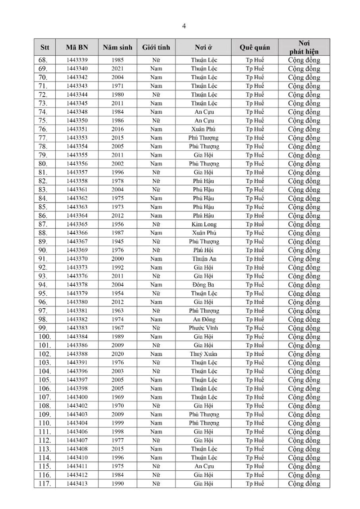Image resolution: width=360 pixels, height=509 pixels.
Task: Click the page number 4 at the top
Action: click(x=184, y=26)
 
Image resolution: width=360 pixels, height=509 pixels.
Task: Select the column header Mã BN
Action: click(x=77, y=47)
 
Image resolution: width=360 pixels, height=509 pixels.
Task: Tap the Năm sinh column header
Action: click(x=117, y=47)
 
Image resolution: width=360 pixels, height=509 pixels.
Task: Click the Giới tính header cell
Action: click(x=156, y=47)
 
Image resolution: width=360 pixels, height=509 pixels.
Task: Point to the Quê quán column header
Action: click(x=255, y=47)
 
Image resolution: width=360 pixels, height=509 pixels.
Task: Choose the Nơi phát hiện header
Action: click(x=304, y=47)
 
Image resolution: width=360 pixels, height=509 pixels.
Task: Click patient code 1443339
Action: click(x=77, y=60)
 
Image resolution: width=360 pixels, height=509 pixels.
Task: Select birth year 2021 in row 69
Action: click(x=118, y=68)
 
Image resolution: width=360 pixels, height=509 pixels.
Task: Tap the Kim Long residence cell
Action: click(x=204, y=224)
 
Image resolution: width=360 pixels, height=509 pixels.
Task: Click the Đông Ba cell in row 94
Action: click(x=204, y=285)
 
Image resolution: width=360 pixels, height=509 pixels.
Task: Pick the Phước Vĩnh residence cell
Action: click(x=204, y=328)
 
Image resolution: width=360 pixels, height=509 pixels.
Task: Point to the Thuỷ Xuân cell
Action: click(x=204, y=354)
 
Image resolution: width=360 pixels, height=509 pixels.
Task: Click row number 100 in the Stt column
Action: click(x=45, y=337)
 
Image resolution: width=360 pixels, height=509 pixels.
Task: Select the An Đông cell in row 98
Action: click(x=204, y=320)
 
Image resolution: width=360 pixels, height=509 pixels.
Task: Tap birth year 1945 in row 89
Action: click(x=118, y=242)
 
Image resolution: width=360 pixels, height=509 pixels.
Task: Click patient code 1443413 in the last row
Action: click(x=77, y=484)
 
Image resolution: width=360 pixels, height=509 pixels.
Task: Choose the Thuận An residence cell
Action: click(x=204, y=259)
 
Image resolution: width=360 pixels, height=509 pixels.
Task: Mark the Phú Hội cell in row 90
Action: click(x=204, y=250)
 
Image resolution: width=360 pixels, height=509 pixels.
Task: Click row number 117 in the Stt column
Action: click(x=45, y=484)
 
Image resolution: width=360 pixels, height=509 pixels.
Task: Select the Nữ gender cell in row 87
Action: click(x=156, y=224)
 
